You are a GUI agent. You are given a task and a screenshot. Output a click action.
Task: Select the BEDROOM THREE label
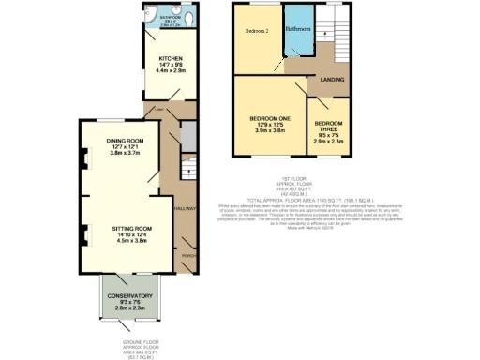coord(329,127)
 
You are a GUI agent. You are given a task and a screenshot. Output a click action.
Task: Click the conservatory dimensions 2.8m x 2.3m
coord(131,307)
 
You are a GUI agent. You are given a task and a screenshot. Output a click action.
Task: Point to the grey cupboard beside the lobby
coord(185,139)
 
